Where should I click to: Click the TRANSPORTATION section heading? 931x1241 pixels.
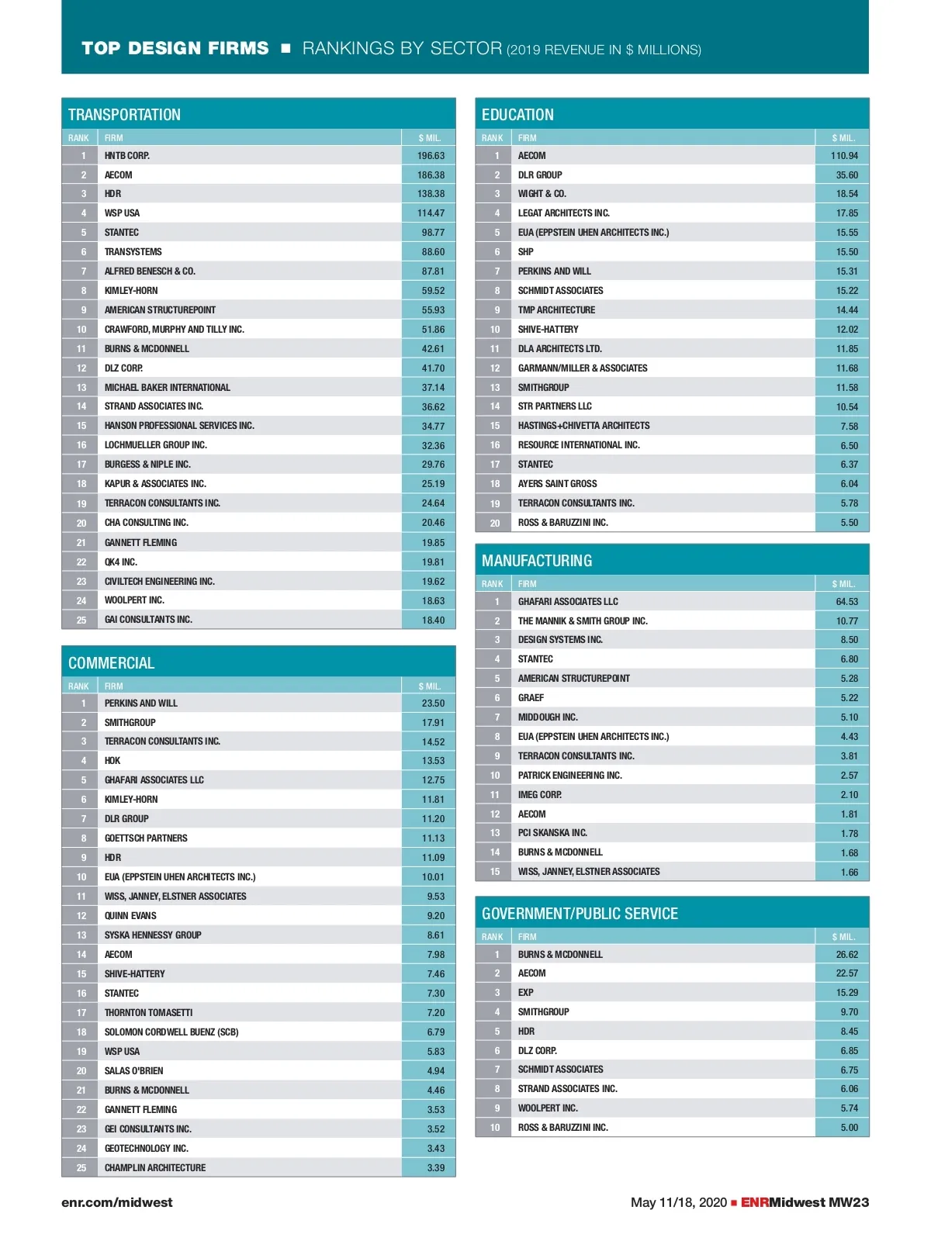coord(124,115)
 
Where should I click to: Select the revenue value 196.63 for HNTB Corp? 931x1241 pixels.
coord(431,156)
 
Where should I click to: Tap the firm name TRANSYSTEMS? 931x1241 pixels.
coord(133,252)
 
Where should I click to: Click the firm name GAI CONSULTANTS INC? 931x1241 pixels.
coord(148,620)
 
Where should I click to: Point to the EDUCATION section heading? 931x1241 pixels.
coord(517,115)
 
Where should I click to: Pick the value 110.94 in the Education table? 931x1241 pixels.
coord(844,156)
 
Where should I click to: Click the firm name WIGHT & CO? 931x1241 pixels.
coord(542,194)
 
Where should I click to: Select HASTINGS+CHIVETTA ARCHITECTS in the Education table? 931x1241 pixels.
coord(584,426)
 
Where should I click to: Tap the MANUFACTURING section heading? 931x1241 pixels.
coord(537,561)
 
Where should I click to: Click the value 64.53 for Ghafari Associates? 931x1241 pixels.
coord(846,602)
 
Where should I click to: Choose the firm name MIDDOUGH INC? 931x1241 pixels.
coord(548,717)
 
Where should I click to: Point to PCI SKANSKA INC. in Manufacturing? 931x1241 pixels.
coord(552,833)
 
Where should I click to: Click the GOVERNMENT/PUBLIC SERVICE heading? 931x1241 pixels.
coord(580,914)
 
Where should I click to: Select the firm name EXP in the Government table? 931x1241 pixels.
coord(526,993)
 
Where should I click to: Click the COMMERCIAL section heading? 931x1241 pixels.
coord(111,663)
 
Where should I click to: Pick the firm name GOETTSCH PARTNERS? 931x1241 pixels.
coord(146,838)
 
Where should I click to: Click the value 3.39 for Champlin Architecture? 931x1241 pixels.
coord(435,1168)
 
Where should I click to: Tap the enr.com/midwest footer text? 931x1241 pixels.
coord(117,1202)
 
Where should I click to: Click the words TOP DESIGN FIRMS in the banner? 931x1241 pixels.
coord(175,48)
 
